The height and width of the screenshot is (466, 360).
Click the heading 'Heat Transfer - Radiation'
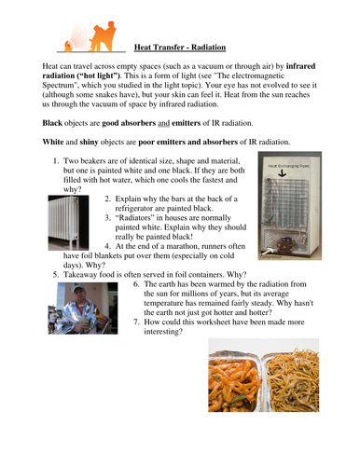(180, 44)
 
